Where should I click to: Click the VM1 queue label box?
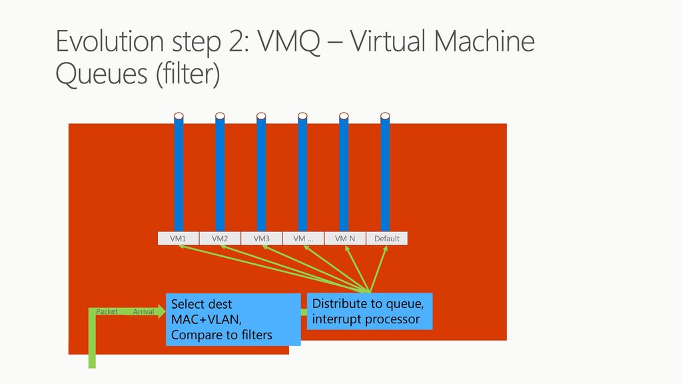coord(178,239)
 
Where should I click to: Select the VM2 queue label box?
coord(220,239)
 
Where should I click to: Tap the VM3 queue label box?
coord(261,239)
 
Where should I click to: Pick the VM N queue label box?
coord(344,239)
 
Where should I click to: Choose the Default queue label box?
coord(386,239)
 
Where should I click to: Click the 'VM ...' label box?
coord(303,239)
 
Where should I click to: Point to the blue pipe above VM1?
coord(178,173)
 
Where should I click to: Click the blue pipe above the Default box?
coord(385,173)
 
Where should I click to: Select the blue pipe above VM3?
coord(261,173)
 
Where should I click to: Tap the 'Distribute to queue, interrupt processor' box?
coord(370,311)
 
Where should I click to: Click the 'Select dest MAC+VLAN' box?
coord(232,320)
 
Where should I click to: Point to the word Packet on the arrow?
coord(107,311)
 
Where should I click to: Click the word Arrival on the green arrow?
coord(143,311)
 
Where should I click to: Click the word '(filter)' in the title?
coord(187,75)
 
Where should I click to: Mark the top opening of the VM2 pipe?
coord(220,116)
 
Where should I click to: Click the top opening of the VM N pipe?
coord(344,116)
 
